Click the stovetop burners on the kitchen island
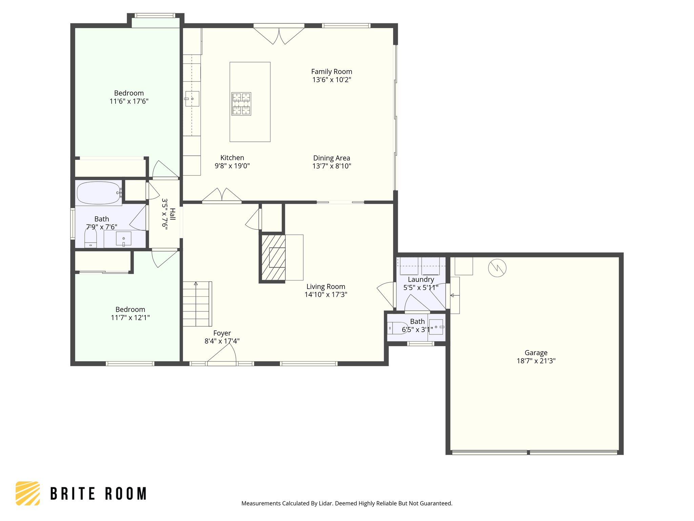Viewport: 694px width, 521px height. [241, 104]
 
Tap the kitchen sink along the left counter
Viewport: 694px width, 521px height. [192, 99]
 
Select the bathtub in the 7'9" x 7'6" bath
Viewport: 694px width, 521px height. [98, 193]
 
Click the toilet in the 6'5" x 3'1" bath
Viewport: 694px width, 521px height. [397, 328]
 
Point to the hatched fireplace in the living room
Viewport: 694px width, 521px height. [272, 258]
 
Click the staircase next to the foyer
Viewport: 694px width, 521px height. [197, 304]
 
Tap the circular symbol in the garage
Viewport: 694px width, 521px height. [497, 268]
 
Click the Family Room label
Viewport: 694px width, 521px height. [331, 72]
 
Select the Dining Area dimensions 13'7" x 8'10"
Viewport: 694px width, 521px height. [331, 166]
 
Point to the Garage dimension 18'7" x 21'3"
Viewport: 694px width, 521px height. [536, 361]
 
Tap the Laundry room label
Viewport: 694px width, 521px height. [421, 279]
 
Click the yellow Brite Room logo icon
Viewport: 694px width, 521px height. [28, 493]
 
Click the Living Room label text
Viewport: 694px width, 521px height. [326, 287]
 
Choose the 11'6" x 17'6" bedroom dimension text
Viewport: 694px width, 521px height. [129, 101]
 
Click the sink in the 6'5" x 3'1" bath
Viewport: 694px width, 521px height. [436, 327]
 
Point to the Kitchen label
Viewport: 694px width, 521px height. [232, 158]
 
